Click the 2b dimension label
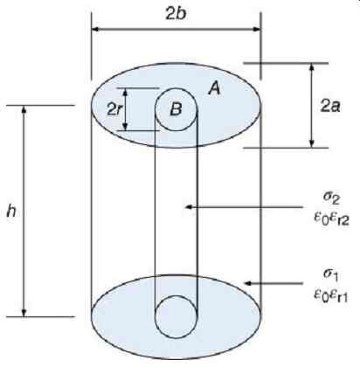pyautogui.click(x=176, y=13)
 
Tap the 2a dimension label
pyautogui.click(x=330, y=106)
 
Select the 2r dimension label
pyautogui.click(x=114, y=109)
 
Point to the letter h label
pyautogui.click(x=11, y=212)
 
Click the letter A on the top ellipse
pyautogui.click(x=214, y=88)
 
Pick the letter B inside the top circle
pyautogui.click(x=176, y=109)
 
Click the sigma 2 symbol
pyautogui.click(x=332, y=198)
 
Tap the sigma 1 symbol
pyautogui.click(x=330, y=274)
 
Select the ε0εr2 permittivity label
pyautogui.click(x=331, y=219)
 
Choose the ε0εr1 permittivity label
pyautogui.click(x=330, y=296)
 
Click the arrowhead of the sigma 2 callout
pyautogui.click(x=189, y=207)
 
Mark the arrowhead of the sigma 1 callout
pyautogui.click(x=247, y=283)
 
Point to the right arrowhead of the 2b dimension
pyautogui.click(x=256, y=29)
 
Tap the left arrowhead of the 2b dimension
pyautogui.click(x=96, y=29)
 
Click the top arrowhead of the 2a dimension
pyautogui.click(x=312, y=67)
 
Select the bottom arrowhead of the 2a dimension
pyautogui.click(x=312, y=144)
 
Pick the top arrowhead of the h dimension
pyautogui.click(x=24, y=109)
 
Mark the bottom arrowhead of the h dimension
pyautogui.click(x=24, y=312)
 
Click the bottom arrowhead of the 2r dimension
pyautogui.click(x=125, y=127)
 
